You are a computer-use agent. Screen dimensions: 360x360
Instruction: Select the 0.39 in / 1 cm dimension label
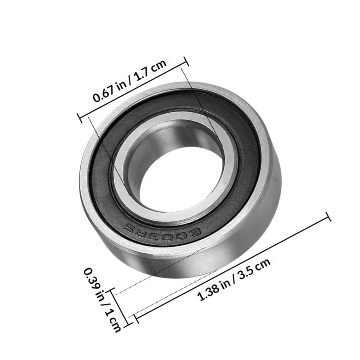click(x=102, y=300)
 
